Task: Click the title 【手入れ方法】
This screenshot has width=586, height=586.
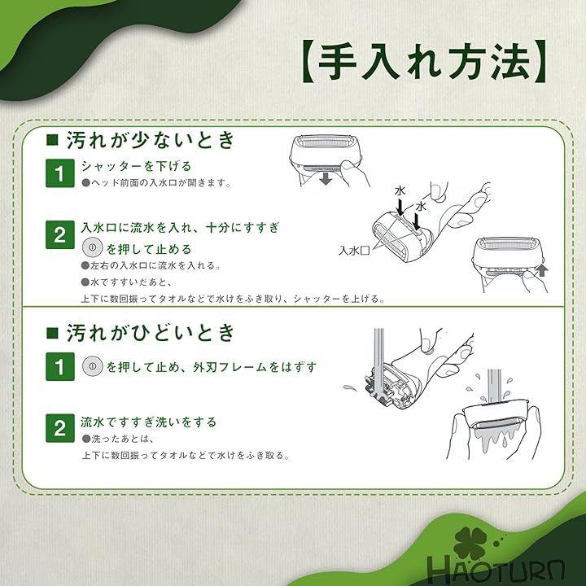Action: tap(424, 62)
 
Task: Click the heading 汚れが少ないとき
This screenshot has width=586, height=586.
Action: tap(151, 140)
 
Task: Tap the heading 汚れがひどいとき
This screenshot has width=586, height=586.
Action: tap(151, 333)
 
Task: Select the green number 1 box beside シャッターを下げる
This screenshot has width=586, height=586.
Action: tap(59, 173)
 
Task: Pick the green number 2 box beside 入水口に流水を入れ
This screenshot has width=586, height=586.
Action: tap(59, 235)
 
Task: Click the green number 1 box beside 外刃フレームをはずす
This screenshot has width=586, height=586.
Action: tap(59, 366)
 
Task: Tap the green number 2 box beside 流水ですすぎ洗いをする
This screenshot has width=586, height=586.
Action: tap(59, 428)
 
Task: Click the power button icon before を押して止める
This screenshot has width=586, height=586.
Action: tap(92, 247)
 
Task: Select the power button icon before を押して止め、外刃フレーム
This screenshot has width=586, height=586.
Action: tap(92, 366)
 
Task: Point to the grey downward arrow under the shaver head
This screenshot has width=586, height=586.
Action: tap(326, 179)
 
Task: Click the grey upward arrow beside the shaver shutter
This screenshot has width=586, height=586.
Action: tap(541, 270)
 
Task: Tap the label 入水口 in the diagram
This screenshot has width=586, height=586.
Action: tap(354, 250)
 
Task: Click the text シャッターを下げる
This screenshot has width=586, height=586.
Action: tap(137, 166)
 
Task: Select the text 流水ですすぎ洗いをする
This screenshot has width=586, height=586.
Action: tap(148, 422)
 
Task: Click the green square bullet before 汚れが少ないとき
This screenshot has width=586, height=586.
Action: tap(52, 139)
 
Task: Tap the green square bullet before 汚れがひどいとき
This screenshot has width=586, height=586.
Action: tap(52, 333)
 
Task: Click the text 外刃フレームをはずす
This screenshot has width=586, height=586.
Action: tap(255, 367)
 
